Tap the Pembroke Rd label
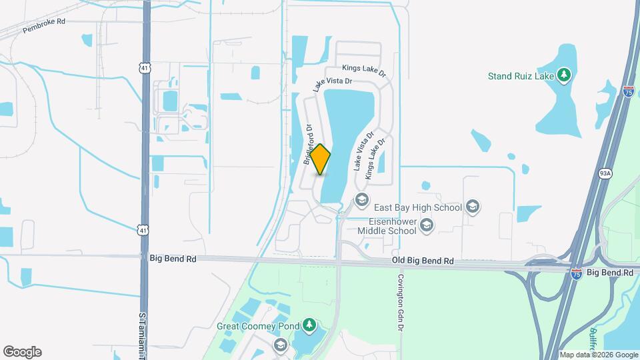tap(44, 25)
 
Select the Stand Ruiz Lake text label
tap(521, 75)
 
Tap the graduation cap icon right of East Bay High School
tap(473, 207)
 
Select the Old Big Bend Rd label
tap(423, 261)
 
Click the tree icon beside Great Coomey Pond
tap(309, 325)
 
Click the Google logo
tap(21, 352)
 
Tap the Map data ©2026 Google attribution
tap(598, 355)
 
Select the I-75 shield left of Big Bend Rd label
tap(577, 273)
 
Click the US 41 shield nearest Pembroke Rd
tap(145, 67)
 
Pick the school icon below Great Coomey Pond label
tap(281, 344)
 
